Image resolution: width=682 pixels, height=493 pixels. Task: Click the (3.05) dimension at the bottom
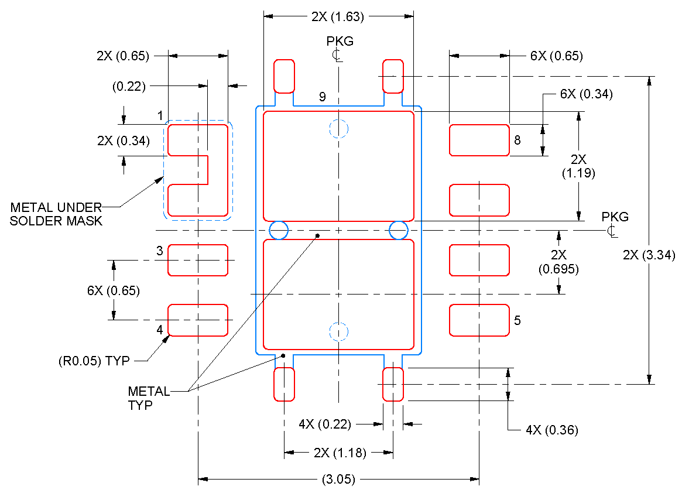point(338,480)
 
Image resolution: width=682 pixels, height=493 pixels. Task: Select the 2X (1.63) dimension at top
point(338,17)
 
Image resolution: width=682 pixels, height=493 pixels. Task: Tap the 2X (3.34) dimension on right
point(649,255)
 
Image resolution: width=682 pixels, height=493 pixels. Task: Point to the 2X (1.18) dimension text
point(340,453)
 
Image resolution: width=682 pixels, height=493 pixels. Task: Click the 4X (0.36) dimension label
point(551,430)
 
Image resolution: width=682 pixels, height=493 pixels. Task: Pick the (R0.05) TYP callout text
point(94,361)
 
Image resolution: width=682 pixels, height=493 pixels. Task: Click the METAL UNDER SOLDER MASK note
point(56,214)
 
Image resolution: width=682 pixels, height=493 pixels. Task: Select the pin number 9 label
point(323,97)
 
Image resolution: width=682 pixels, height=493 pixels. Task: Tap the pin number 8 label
point(517,141)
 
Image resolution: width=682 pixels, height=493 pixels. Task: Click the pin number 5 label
point(517,321)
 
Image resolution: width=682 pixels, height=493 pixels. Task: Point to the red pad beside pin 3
point(198,260)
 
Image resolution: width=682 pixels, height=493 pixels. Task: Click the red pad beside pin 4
point(198,320)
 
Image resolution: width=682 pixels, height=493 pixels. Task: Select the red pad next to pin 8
point(479,140)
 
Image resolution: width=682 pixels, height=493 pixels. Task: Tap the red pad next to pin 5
point(479,320)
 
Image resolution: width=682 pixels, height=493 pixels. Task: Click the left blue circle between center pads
point(279,230)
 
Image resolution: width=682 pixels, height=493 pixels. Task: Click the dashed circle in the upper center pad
point(338,128)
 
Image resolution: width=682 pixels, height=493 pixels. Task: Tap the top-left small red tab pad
point(285,76)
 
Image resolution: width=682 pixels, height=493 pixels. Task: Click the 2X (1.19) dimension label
point(578,166)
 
